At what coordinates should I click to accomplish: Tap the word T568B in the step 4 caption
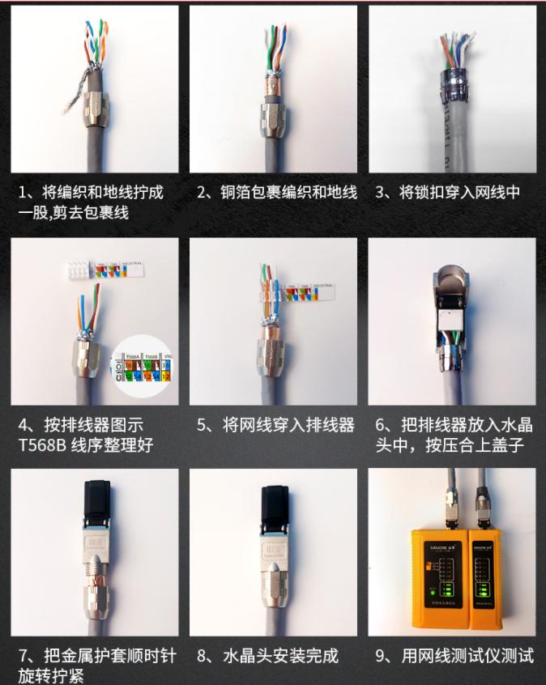[x=41, y=445]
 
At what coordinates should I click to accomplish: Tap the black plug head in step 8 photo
[x=273, y=502]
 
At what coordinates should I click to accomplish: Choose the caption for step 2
[x=277, y=193]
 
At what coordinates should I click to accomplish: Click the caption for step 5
[x=276, y=425]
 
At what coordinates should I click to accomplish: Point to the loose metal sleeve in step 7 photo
[x=97, y=591]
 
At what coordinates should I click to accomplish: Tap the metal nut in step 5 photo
[x=270, y=355]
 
